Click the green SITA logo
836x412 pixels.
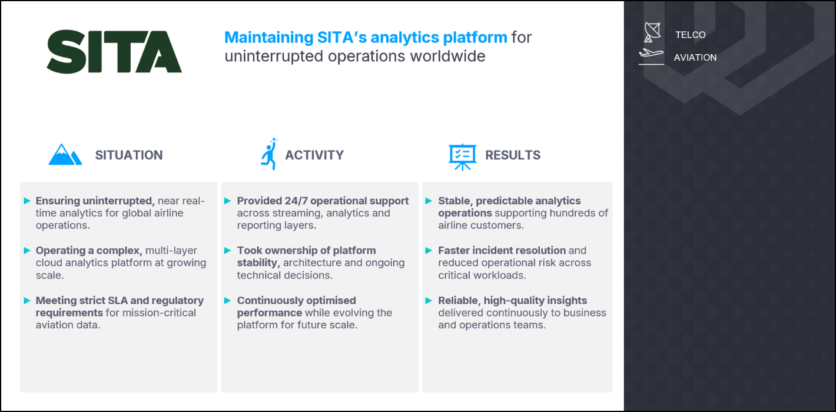click(114, 52)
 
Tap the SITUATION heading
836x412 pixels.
click(129, 155)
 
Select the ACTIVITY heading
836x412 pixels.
click(314, 155)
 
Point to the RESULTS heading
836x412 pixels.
click(513, 155)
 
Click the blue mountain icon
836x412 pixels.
click(65, 154)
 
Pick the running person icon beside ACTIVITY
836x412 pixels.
click(270, 154)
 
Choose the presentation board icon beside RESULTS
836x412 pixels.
click(462, 157)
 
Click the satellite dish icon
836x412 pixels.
click(652, 32)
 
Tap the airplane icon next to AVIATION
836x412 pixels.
click(651, 56)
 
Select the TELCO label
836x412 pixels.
click(691, 35)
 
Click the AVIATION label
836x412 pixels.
click(695, 58)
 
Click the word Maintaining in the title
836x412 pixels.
click(268, 38)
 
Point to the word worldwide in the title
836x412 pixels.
click(448, 57)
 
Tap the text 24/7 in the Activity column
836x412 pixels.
click(296, 201)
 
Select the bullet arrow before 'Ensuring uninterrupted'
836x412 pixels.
click(27, 201)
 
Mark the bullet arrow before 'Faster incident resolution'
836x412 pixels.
click(429, 250)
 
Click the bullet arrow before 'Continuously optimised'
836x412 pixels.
click(228, 300)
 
